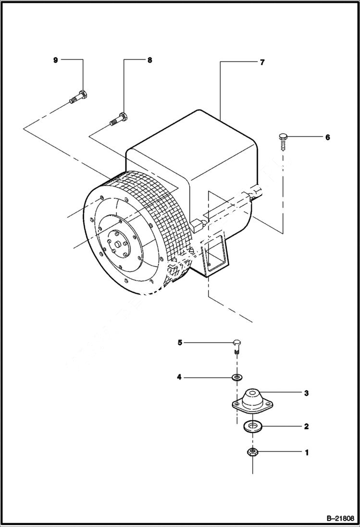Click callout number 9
click(55, 60)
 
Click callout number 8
click(149, 60)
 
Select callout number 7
click(262, 62)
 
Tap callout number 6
click(327, 137)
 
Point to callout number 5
click(180, 343)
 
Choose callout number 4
click(179, 378)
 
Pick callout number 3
click(306, 393)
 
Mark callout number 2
click(306, 426)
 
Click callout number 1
click(306, 452)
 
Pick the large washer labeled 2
click(252, 426)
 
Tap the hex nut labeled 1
click(252, 452)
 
